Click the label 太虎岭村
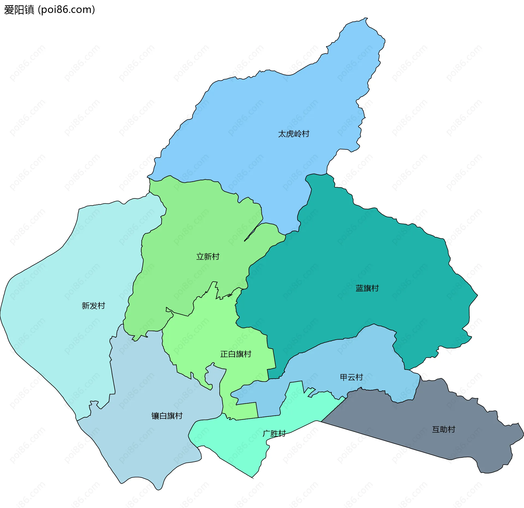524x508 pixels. point(294,134)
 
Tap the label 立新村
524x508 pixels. point(208,257)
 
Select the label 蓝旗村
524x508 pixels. point(367,288)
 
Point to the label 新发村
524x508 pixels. point(93,306)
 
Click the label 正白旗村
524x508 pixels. point(236,354)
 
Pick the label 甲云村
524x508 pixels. point(351,377)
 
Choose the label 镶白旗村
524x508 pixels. point(167,416)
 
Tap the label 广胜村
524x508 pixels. point(274,433)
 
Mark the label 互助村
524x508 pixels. point(443,429)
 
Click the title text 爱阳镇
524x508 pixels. point(19,10)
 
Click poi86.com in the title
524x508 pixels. point(67,10)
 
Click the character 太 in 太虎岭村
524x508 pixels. point(282,134)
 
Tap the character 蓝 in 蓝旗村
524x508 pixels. point(359,288)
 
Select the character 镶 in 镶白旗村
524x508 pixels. point(155,416)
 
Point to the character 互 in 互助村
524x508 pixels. point(436,429)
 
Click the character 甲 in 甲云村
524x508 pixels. point(344,377)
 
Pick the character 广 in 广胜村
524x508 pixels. point(266,433)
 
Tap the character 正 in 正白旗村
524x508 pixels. point(224,354)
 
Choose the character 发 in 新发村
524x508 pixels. point(93,306)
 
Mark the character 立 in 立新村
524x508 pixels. point(200,257)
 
